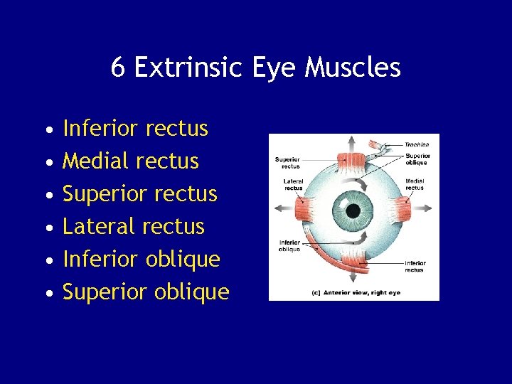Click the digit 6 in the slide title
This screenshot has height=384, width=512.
[119, 68]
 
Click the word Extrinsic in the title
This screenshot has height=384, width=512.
[188, 68]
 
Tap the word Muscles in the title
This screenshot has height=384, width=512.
[353, 68]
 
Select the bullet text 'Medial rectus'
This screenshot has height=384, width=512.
[131, 161]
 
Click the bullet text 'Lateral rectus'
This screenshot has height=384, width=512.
[134, 227]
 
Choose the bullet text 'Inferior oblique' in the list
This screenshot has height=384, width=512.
[142, 260]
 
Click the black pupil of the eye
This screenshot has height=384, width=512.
[353, 210]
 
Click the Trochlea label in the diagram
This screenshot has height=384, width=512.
[417, 145]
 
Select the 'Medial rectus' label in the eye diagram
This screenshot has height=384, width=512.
[415, 184]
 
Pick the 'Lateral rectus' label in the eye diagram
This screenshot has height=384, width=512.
[294, 184]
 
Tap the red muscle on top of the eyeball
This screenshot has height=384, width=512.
[353, 161]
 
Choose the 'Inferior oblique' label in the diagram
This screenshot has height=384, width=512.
[289, 246]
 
